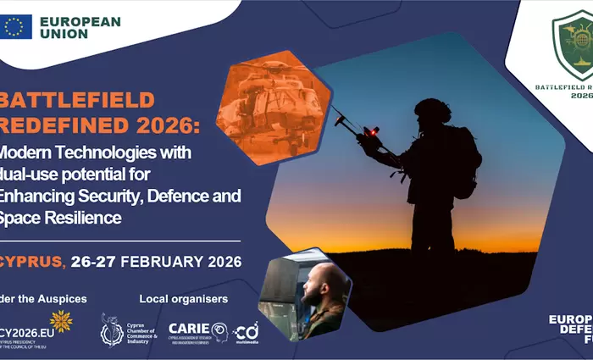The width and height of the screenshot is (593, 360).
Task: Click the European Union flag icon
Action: pos(17,27)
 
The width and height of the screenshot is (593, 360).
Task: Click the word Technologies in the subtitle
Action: pos(119,152)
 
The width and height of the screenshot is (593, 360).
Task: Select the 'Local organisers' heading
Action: pos(183,299)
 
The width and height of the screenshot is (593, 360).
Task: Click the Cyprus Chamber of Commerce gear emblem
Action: pos(111,329)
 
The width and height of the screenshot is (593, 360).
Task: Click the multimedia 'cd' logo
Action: pos(246,331)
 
